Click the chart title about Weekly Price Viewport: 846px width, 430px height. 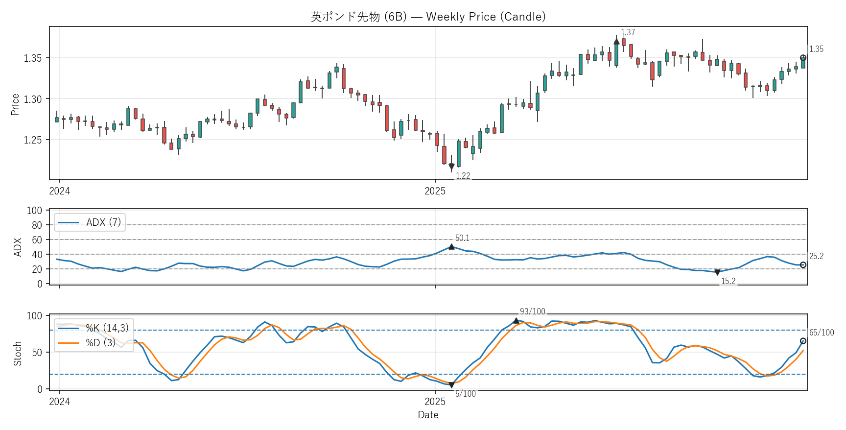coord(428,17)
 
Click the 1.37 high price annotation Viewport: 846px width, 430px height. coord(628,32)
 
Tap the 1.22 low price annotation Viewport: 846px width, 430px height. coord(463,176)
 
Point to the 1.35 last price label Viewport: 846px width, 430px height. coord(816,49)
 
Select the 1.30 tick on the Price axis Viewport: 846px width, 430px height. coord(33,99)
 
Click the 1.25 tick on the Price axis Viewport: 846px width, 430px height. coord(33,140)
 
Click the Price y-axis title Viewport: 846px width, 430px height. coord(15,104)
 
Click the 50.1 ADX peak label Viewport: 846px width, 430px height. coord(462,238)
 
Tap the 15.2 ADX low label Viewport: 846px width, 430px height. coord(728,281)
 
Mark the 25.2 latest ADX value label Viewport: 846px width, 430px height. coord(816,256)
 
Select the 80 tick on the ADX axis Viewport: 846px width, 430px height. coord(37,225)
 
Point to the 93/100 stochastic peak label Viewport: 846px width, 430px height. coord(532,311)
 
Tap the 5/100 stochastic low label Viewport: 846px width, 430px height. coord(465,394)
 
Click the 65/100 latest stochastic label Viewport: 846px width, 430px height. coord(821,333)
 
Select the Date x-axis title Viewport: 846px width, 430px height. coord(428,415)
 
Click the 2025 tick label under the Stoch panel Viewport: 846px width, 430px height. coord(435,402)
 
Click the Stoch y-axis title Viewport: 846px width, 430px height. coord(18,354)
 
